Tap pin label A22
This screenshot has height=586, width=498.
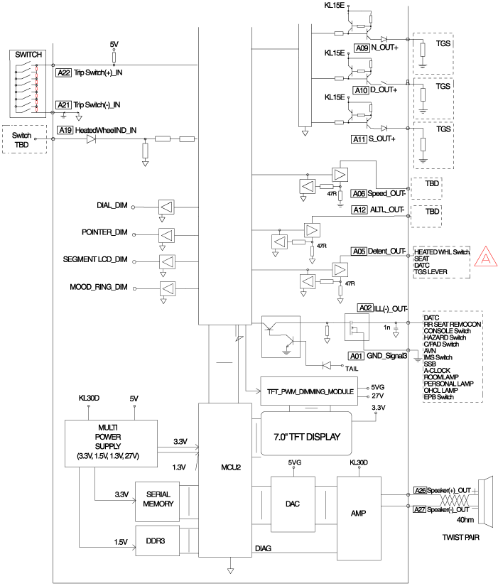pos(63,72)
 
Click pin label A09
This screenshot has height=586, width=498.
pos(361,48)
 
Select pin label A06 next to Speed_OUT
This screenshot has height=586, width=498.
pos(359,193)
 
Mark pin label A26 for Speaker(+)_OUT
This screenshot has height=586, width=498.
pos(421,490)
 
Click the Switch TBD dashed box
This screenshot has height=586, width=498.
pos(24,139)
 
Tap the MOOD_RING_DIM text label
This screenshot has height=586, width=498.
pos(102,287)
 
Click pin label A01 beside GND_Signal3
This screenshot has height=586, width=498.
pos(355,355)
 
